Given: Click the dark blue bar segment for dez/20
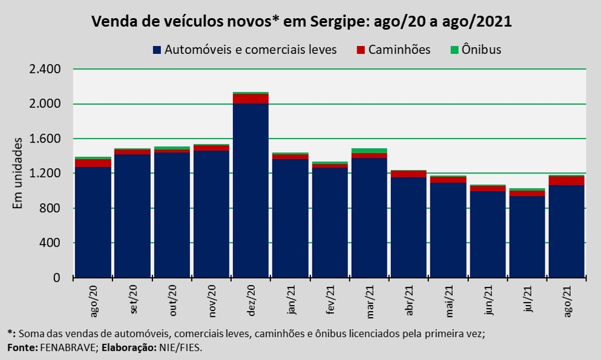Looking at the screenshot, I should [x=251, y=191].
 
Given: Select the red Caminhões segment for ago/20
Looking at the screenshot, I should [x=93, y=163].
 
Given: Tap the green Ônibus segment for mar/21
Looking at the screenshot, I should [x=369, y=151].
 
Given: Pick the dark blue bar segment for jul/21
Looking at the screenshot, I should [x=527, y=237].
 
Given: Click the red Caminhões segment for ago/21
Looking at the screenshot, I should [x=566, y=180].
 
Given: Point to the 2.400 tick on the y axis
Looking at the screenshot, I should [x=44, y=70].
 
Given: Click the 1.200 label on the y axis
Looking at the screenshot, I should [x=44, y=174].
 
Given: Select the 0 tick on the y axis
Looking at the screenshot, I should [x=56, y=278].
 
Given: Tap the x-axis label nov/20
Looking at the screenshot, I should [x=212, y=301].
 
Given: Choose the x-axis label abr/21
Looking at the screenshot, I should [x=409, y=301].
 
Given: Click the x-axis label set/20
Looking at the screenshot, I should [x=134, y=301].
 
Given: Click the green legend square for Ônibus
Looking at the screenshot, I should [x=453, y=49].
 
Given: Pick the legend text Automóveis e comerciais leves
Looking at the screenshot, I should [x=251, y=49].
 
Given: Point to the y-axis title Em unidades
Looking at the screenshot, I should [x=18, y=174].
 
